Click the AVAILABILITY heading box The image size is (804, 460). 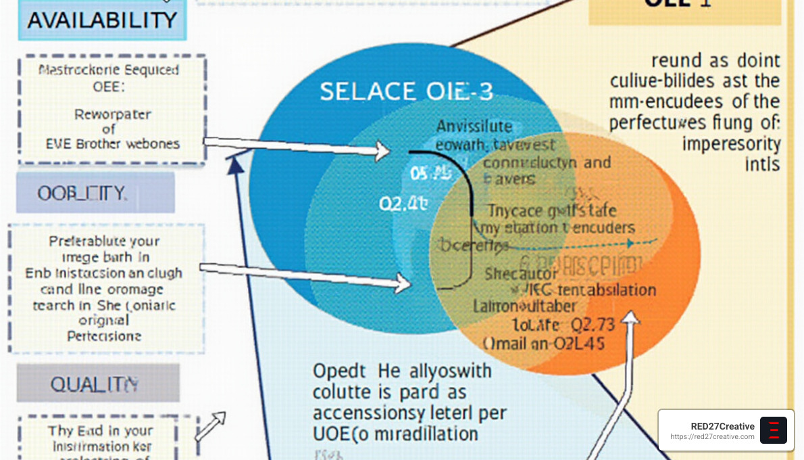point(102,20)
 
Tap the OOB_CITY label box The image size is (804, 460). point(95,193)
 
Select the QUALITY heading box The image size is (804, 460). point(98,384)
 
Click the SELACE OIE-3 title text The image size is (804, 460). point(406,91)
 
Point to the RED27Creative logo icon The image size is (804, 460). point(774,430)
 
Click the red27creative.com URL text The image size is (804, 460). point(713,437)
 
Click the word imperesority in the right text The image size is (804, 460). point(731,144)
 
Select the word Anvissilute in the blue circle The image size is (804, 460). point(474,127)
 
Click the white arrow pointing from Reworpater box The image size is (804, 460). point(297,147)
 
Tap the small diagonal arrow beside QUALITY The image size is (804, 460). point(210,426)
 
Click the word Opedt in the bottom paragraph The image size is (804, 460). point(339,371)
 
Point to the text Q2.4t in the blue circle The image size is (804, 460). point(403,204)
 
